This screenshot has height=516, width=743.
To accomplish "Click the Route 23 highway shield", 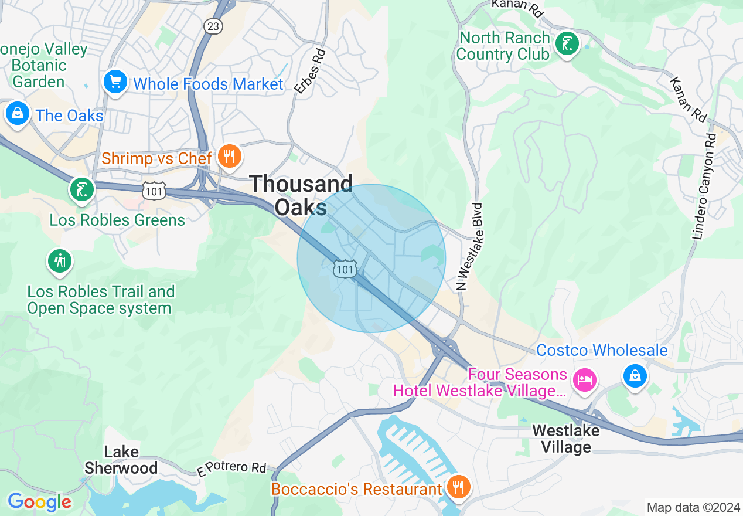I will [213, 26].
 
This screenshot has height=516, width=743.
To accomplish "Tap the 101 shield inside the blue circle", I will [345, 269].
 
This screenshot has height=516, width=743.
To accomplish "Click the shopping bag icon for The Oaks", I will [18, 113].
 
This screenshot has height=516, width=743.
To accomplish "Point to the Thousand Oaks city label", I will [301, 195].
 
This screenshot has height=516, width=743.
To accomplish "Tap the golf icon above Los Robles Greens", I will [81, 189].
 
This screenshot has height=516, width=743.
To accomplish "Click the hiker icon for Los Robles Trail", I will [60, 260].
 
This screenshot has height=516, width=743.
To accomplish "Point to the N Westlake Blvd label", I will [469, 247].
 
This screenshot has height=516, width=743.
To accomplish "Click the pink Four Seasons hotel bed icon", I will [585, 380].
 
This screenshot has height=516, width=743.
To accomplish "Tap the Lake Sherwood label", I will [121, 460].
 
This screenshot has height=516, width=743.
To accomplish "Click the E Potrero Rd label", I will [231, 468].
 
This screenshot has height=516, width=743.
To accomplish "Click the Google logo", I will [39, 502].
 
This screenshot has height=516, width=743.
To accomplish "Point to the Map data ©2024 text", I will [693, 507].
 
